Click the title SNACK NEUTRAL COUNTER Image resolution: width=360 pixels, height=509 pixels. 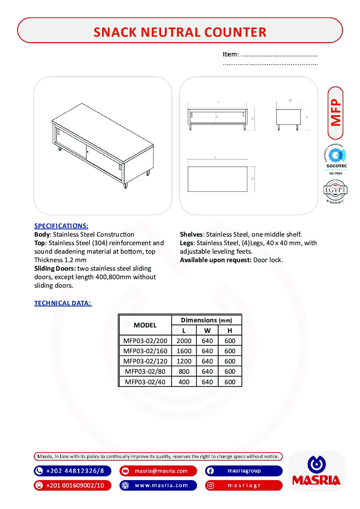coord(180,32)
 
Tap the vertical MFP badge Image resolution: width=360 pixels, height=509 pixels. coord(336,113)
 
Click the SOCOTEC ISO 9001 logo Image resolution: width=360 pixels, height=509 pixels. coord(336,160)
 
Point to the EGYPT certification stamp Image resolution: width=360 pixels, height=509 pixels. coord(335,191)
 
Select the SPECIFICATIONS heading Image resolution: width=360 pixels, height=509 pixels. coord(61,226)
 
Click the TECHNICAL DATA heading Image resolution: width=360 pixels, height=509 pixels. coord(63,303)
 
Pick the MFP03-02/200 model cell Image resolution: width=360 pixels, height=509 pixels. coord(145,341)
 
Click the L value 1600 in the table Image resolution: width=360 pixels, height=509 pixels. coord(184,351)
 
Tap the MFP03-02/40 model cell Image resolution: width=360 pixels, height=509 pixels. coord(145,382)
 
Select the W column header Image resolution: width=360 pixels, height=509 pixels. coord(207,330)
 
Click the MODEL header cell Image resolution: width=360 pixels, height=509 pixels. coord(145,325)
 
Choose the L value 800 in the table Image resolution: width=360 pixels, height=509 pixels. coord(184,371)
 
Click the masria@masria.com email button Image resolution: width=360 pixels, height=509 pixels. coord(158,471)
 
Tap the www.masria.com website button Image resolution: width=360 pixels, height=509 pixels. coord(158,485)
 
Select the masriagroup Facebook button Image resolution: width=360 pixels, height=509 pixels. coord(244,471)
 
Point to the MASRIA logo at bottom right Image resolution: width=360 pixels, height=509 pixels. coord(316,471)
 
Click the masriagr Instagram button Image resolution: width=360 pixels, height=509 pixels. coord(244,485)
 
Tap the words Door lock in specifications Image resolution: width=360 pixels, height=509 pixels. coord(268,260)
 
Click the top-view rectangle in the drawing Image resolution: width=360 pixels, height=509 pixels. coord(217,179)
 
